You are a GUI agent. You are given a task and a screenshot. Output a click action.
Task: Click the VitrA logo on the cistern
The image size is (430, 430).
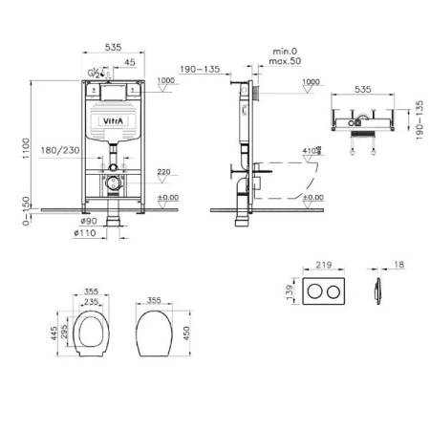[112, 122]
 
